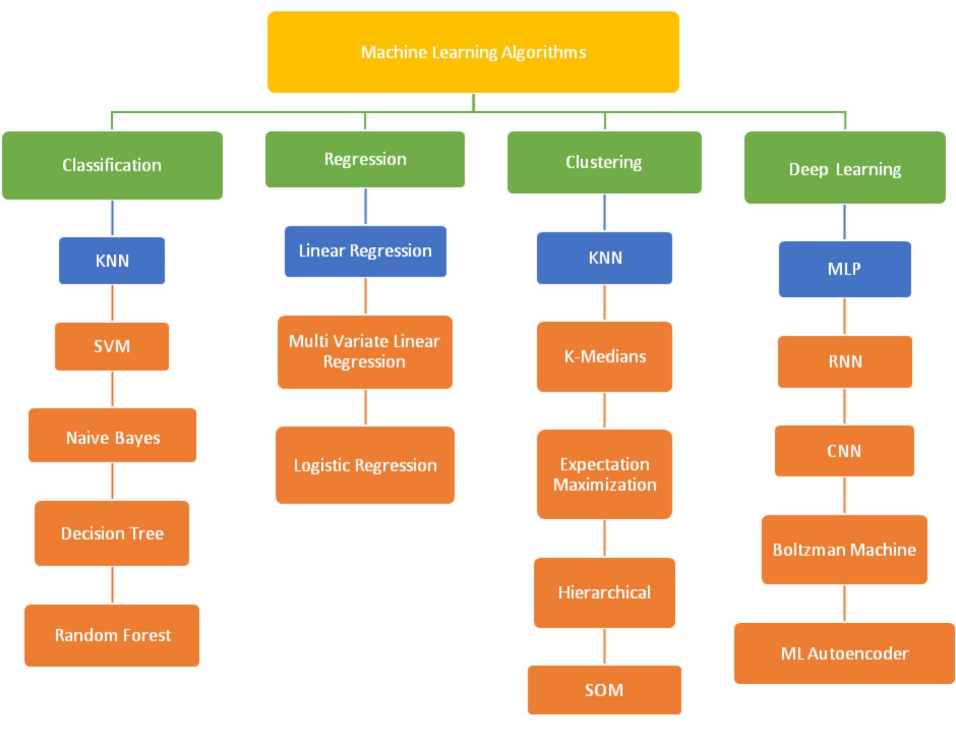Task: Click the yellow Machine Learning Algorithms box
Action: coord(473,52)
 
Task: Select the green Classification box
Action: coord(112,165)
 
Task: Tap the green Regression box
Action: coord(365,159)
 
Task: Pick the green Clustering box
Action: coord(604,162)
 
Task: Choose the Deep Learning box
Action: coord(844,168)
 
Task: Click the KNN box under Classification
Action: coord(112,260)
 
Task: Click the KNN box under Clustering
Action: coord(604,258)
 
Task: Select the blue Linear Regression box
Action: coord(365,251)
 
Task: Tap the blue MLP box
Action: coord(844,269)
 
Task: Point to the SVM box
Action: coord(112,346)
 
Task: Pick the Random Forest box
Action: coord(112,635)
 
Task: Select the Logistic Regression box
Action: coord(365,465)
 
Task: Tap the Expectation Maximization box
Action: coord(604,474)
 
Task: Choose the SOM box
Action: coord(604,689)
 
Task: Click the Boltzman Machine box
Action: coord(844,549)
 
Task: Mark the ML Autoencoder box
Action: coord(844,653)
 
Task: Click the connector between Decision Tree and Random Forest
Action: coord(112,585)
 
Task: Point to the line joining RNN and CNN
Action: coord(844,406)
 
